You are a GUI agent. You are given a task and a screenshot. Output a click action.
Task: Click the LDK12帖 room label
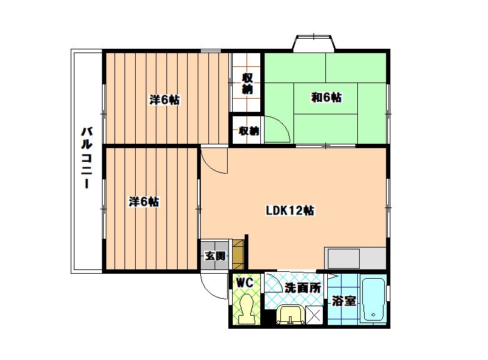tap(290, 211)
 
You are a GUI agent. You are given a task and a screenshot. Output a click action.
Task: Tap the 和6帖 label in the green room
tap(327, 97)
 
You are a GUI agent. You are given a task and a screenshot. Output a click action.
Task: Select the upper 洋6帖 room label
tap(165, 100)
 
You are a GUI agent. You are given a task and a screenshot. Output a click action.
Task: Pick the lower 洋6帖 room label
tap(144, 202)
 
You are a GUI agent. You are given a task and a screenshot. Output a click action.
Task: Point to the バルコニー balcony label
tap(87, 157)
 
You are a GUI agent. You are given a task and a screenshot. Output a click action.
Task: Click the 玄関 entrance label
tap(215, 256)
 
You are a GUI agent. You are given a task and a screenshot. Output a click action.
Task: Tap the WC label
tap(244, 282)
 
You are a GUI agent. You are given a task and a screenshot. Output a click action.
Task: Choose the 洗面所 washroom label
tap(303, 288)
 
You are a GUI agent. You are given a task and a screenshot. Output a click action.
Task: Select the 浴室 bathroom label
tap(343, 301)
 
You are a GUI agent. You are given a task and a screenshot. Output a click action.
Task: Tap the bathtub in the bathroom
tap(373, 299)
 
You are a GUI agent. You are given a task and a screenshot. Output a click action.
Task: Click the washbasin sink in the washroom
tap(291, 314)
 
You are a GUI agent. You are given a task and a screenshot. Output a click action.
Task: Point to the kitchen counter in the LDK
tap(355, 258)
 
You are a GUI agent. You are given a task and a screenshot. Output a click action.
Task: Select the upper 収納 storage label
tap(247, 83)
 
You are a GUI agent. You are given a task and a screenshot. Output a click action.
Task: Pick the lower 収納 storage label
tap(248, 131)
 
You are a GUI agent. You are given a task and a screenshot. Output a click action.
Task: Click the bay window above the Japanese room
tap(314, 42)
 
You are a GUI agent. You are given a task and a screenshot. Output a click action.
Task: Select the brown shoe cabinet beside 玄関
tap(238, 254)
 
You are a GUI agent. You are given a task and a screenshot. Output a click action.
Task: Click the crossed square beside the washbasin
tap(314, 315)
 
